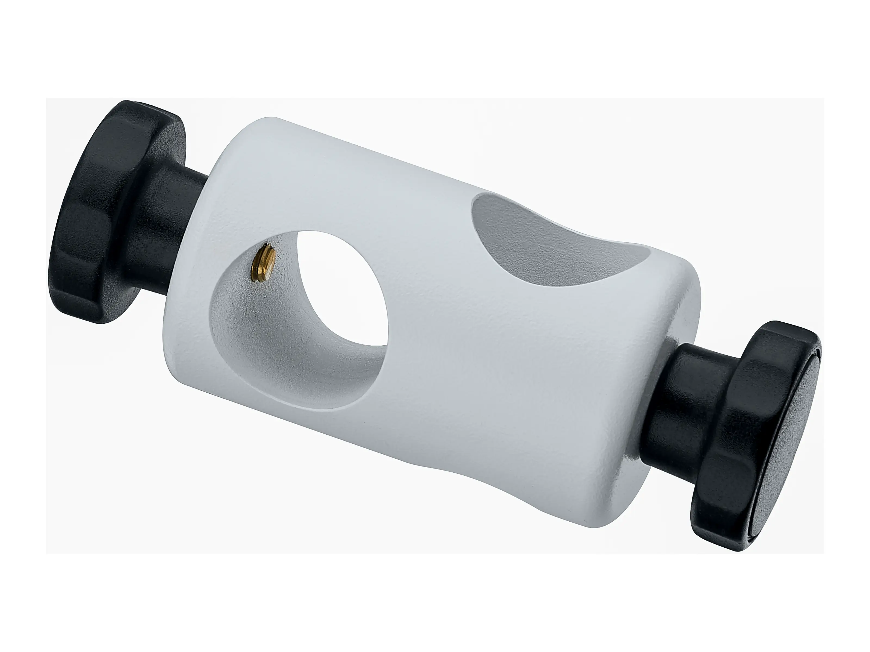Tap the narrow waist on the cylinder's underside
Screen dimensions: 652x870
[452, 464]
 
